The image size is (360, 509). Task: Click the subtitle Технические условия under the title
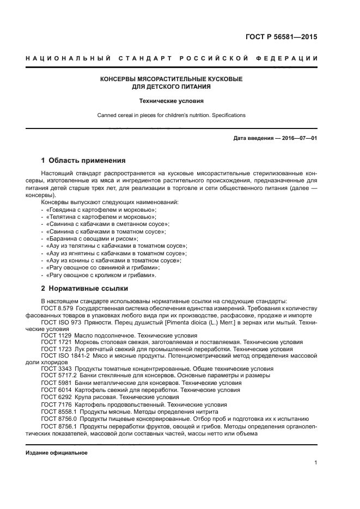pyautogui.click(x=171, y=101)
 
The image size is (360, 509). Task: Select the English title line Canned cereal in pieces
pyautogui.click(x=171, y=115)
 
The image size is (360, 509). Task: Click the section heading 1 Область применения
pyautogui.click(x=83, y=161)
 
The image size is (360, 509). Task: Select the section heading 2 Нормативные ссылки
pyautogui.click(x=84, y=288)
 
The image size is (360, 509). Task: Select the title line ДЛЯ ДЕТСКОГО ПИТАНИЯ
pyautogui.click(x=171, y=86)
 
